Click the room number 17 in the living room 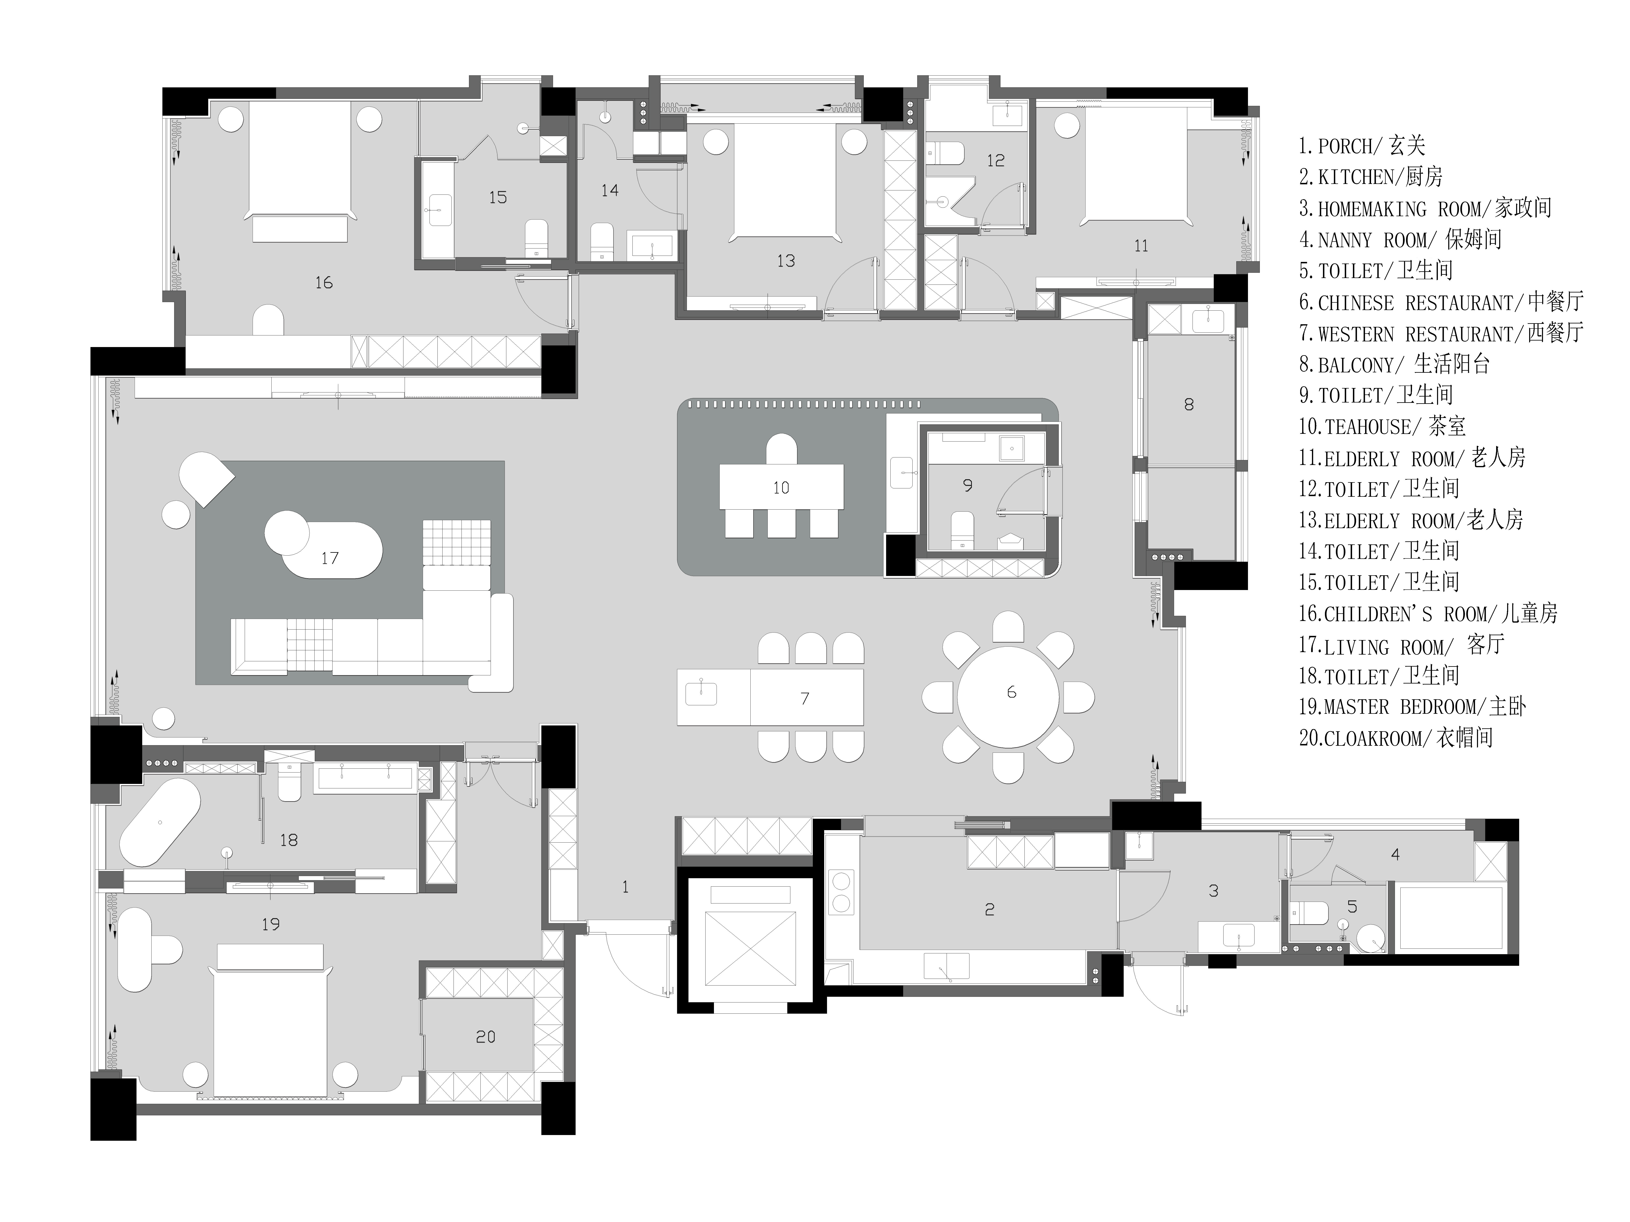point(329,558)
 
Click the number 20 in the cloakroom point(486,1037)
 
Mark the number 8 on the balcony point(1189,404)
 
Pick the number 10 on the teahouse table point(781,488)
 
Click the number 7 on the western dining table point(805,698)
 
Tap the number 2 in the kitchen point(990,910)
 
